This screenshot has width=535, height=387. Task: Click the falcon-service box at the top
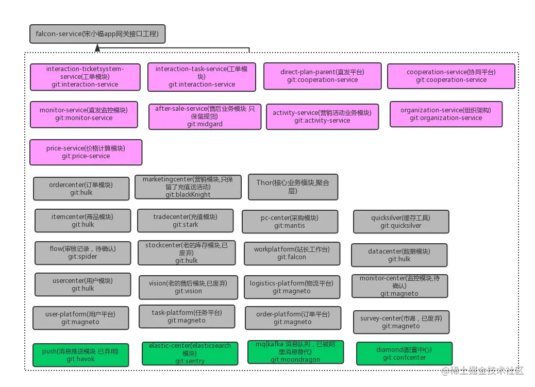click(97, 34)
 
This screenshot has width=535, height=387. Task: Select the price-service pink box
click(86, 152)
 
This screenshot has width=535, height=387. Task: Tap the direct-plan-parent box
click(323, 76)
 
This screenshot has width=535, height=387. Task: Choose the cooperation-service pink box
click(451, 76)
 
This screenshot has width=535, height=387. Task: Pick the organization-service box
click(446, 114)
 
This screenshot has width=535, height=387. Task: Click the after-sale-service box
click(205, 116)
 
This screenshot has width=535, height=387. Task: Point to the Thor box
click(293, 187)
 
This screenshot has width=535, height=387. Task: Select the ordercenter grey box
click(81, 189)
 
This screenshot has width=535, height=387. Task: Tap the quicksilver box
click(401, 222)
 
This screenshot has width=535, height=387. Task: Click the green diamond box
click(404, 354)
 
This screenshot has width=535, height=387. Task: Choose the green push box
click(80, 355)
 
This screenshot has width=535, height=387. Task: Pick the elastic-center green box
click(190, 353)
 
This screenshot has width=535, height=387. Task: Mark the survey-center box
click(401, 322)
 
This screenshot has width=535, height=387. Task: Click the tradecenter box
click(185, 221)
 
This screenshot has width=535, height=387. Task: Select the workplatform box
click(292, 253)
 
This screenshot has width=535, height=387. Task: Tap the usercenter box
click(82, 284)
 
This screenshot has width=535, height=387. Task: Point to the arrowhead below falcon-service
click(97, 48)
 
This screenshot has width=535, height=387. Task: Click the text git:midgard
click(205, 124)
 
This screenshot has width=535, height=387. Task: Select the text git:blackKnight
click(188, 194)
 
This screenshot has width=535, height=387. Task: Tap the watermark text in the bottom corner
click(482, 371)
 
